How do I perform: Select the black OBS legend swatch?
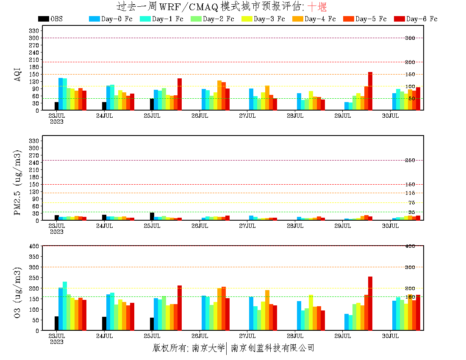43,19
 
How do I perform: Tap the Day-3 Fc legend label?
269,19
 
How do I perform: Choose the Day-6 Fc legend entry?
422,19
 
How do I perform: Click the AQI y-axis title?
17,70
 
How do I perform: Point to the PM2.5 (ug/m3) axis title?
17,182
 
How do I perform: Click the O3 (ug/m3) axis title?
17,292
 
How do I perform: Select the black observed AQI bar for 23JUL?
56,106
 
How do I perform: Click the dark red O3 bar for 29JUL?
370,303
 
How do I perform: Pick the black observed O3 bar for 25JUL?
152,324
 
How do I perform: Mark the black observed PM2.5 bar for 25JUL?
152,216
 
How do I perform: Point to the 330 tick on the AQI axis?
34,31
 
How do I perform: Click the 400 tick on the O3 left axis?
34,246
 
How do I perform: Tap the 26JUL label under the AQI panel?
200,116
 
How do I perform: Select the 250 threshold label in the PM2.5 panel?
410,161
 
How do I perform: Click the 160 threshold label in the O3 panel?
410,297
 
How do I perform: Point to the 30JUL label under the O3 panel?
390,336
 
